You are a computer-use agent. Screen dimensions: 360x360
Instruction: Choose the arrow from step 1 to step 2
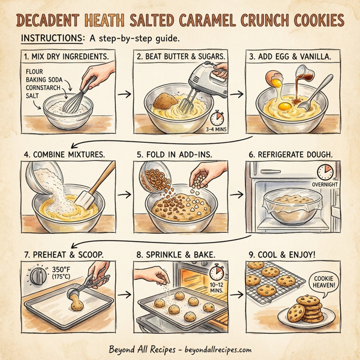(x=124, y=94)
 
